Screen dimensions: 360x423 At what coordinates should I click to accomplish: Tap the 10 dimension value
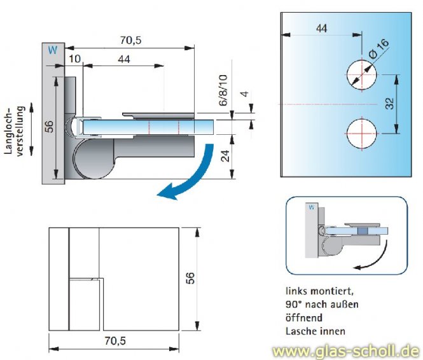tap(75, 59)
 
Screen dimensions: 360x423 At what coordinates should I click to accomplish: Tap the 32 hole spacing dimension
tap(390, 104)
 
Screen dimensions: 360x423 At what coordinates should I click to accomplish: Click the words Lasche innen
tap(316, 330)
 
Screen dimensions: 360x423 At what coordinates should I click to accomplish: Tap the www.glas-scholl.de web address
tap(346, 350)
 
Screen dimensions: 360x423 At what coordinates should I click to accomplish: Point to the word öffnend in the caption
tap(304, 317)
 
